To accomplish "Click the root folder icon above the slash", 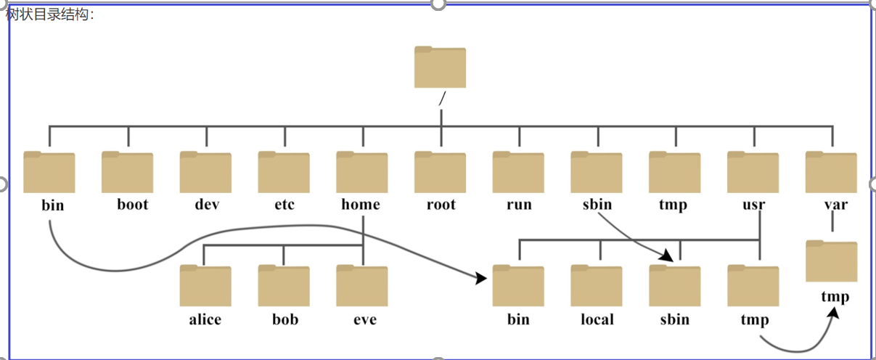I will click(x=440, y=67).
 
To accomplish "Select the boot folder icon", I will click(x=127, y=173).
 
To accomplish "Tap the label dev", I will click(x=207, y=205).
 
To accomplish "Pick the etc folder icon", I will click(x=284, y=173).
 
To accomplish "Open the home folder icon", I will click(x=362, y=173).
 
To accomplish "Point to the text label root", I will click(x=441, y=205).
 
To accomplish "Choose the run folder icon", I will click(x=518, y=173).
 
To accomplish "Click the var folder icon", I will click(x=831, y=173).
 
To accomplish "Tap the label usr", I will click(x=753, y=205).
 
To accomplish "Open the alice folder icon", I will click(x=205, y=286).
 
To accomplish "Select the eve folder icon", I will click(x=362, y=286).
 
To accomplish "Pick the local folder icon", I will click(x=597, y=286).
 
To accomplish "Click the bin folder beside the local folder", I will click(x=518, y=286).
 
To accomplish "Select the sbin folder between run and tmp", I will click(x=597, y=173).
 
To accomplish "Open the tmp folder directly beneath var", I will click(x=831, y=261).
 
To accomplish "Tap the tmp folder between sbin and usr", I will click(x=675, y=173).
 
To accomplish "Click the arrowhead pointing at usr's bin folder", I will click(x=481, y=278).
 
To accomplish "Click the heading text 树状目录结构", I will click(x=49, y=15).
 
